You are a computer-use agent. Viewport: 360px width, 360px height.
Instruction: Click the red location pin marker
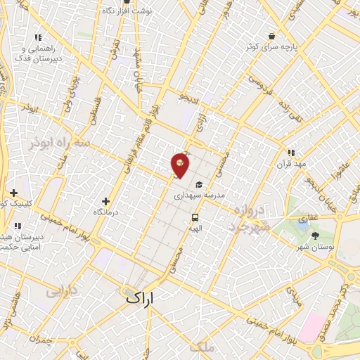tap(181, 165)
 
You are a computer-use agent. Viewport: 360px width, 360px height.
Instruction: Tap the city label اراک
tap(148, 298)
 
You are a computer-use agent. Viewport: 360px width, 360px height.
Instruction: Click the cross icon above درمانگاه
tap(105, 200)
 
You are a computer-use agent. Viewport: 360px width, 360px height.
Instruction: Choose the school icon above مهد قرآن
tap(291, 152)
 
